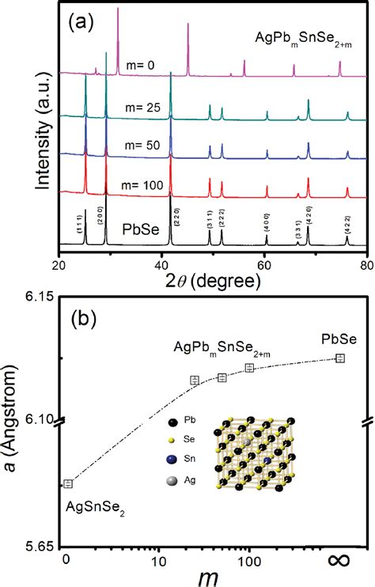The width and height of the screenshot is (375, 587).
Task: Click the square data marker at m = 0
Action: click(69, 483)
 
